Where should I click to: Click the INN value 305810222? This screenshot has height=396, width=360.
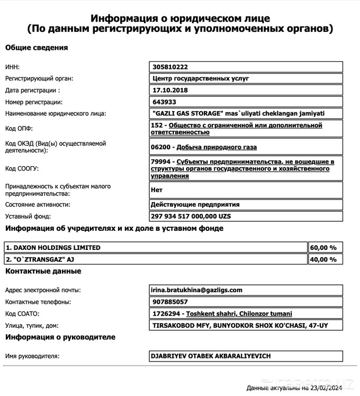click(170, 67)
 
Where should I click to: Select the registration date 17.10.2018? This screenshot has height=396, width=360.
click(170, 90)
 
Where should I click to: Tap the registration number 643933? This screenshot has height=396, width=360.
click(164, 102)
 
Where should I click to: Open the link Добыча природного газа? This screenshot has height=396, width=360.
click(217, 147)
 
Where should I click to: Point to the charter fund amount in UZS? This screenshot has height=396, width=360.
click(191, 217)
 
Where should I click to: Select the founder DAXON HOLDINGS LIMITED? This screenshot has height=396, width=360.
click(53, 247)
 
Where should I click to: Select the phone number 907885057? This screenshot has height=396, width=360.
click(170, 302)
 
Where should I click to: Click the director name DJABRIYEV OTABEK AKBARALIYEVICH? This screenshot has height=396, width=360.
click(211, 356)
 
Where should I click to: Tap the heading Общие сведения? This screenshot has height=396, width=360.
click(37, 48)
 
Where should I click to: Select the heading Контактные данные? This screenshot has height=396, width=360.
click(43, 271)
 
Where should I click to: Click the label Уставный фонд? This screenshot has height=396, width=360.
click(28, 217)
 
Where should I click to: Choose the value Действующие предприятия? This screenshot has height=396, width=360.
click(195, 204)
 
